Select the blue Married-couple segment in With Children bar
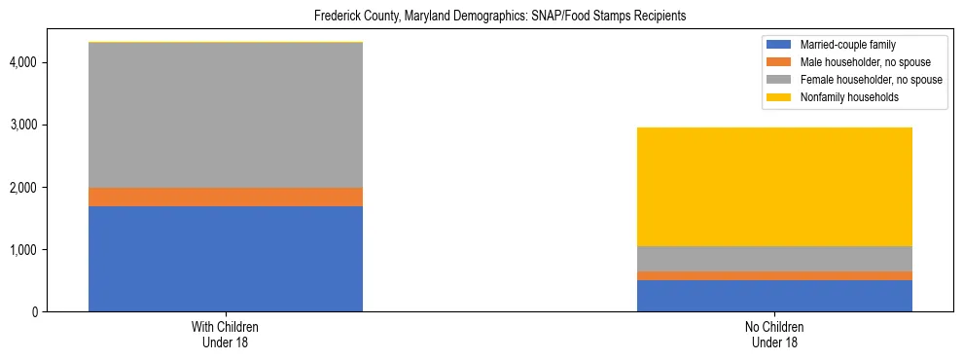226,259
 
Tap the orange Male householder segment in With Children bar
226,197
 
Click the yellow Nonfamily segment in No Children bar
774,187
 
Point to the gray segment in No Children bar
774,259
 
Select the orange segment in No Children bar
774,275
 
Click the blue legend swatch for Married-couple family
779,45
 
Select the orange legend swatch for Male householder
779,62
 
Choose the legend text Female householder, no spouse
871,80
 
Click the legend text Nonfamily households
849,97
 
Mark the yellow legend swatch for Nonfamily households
779,97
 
